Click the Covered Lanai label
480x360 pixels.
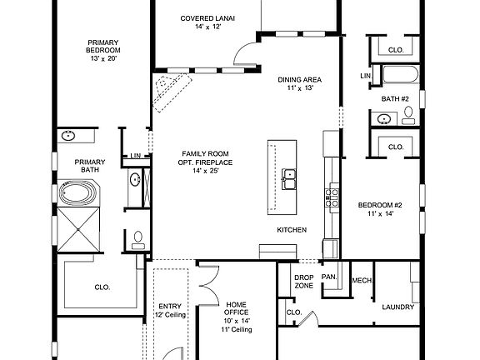tap(207, 18)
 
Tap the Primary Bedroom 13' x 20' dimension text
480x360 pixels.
tap(103, 58)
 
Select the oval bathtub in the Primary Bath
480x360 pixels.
tap(77, 193)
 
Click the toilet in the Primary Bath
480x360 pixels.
tap(138, 240)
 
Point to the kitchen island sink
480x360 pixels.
tap(289, 179)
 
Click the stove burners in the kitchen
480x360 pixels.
tap(332, 197)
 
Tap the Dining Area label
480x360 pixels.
tap(300, 80)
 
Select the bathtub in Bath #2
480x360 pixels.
tap(400, 74)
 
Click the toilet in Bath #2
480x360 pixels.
tap(408, 115)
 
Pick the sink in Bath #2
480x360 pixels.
tap(383, 118)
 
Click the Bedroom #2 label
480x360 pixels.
tap(380, 205)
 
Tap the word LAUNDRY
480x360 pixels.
tap(398, 307)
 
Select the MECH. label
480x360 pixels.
tap(362, 280)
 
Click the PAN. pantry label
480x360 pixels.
tap(329, 277)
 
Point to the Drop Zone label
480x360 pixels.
tap(304, 282)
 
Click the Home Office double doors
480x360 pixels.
tap(209, 286)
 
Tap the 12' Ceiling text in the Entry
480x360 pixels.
tap(170, 315)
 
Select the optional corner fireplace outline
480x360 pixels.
tap(172, 93)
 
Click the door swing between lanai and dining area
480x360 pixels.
tap(245, 53)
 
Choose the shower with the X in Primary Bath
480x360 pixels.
tap(78, 230)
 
